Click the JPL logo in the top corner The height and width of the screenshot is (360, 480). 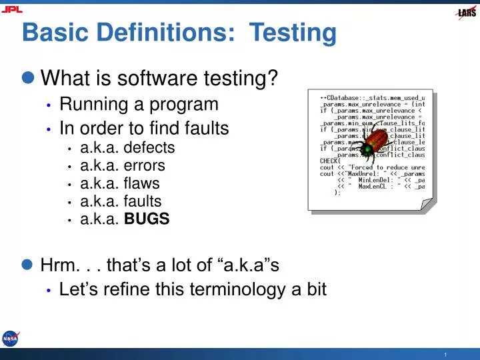point(11,9)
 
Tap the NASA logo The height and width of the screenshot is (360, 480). point(11,339)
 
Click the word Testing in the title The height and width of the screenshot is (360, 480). point(293,32)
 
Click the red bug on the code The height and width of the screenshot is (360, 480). point(377,143)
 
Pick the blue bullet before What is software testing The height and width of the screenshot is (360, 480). point(27,79)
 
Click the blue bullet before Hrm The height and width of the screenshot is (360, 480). point(27,265)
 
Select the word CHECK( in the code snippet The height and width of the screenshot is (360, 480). point(329,160)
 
